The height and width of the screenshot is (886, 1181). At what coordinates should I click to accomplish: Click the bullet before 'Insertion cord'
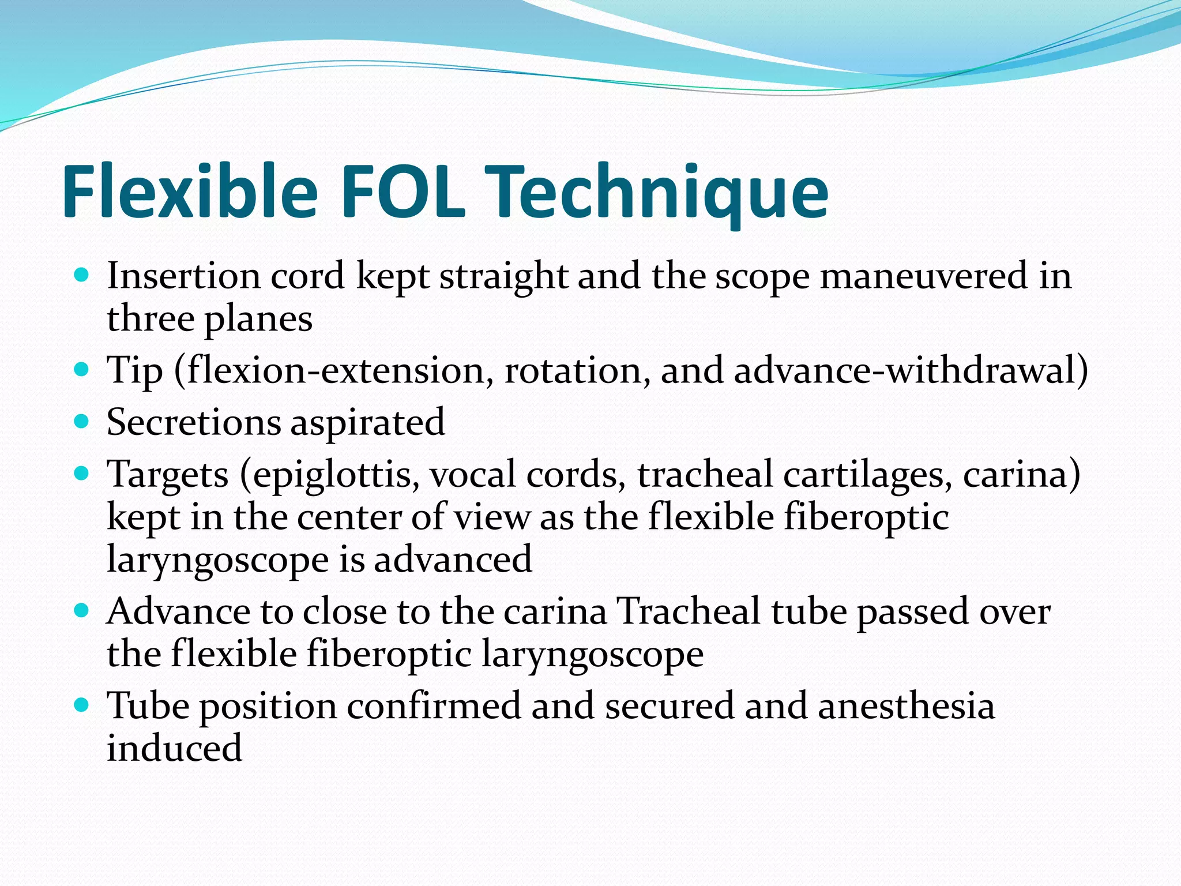(82, 275)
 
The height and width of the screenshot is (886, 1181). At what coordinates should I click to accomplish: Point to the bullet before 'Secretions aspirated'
(82, 421)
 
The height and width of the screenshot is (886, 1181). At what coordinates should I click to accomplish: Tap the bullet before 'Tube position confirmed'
(82, 704)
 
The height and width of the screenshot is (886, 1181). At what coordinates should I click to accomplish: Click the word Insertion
(183, 276)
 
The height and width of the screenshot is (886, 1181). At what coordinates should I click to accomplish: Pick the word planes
(259, 319)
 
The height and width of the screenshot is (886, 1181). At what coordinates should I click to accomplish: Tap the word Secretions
(193, 422)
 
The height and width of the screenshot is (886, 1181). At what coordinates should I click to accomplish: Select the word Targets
(168, 475)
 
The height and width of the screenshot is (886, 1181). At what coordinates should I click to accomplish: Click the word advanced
(453, 559)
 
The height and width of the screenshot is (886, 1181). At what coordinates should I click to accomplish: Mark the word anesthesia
(906, 705)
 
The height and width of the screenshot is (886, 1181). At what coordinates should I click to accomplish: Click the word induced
(175, 748)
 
